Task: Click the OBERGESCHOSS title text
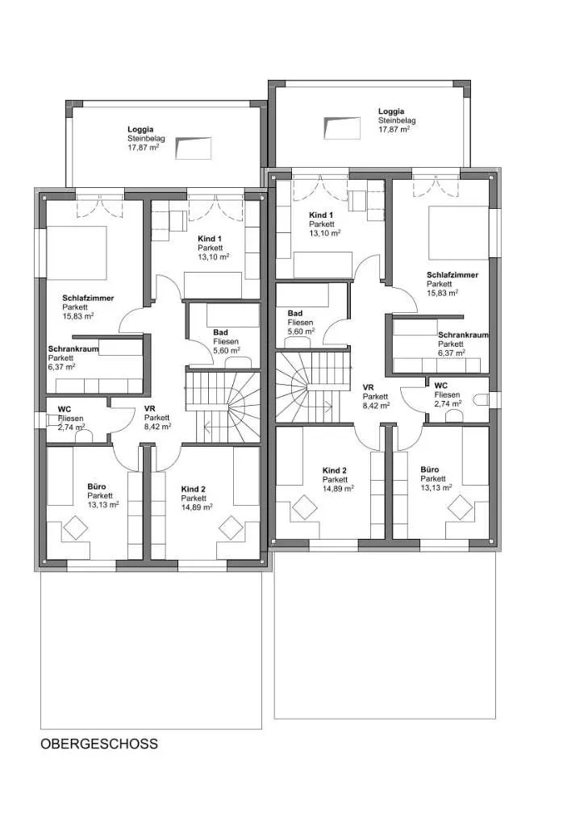point(99,744)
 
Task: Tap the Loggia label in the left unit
point(140,129)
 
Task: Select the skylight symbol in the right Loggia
point(342,127)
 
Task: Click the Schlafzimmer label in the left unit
point(88,298)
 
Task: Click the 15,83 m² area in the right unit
point(442,293)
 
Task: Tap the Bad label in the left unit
point(221,332)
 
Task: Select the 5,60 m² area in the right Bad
point(301,331)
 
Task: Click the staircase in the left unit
point(223,407)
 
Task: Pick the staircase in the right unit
point(314,387)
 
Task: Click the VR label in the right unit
point(368,388)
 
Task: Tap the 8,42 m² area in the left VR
point(158,427)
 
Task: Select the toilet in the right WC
point(481,401)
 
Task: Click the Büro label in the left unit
point(97,487)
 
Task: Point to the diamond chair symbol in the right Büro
point(460,508)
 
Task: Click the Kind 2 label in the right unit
point(335,471)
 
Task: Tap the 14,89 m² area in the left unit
point(197,507)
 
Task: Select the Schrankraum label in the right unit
point(463,335)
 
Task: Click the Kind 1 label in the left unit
point(210,239)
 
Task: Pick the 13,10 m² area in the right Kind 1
point(324,232)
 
